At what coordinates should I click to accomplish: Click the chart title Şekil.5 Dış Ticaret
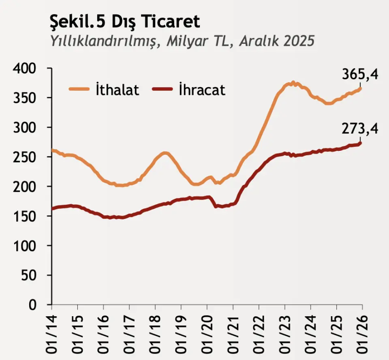coord(124,22)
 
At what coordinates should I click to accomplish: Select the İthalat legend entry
coord(118,90)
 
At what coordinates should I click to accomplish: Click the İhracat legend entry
coord(202,90)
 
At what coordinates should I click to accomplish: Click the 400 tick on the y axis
coord(25,69)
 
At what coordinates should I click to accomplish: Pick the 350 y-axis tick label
coord(25,98)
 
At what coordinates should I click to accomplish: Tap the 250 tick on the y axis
coord(25,157)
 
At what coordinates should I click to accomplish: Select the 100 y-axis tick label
coord(25,246)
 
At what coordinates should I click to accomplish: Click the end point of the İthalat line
coord(360,88)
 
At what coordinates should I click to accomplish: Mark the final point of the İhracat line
coord(360,143)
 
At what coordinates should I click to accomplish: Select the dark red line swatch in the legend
coord(162,90)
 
